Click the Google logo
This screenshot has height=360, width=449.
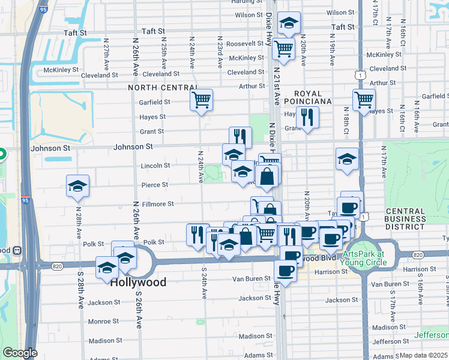point(20,353)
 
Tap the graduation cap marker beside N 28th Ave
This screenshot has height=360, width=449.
point(78,186)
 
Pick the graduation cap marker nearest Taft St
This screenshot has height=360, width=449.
point(289,25)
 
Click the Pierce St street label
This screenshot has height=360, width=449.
point(154,185)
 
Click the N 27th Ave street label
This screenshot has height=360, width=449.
point(106,53)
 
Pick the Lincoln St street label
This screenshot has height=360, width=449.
point(155,166)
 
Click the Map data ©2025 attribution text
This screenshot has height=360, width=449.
point(423,355)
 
